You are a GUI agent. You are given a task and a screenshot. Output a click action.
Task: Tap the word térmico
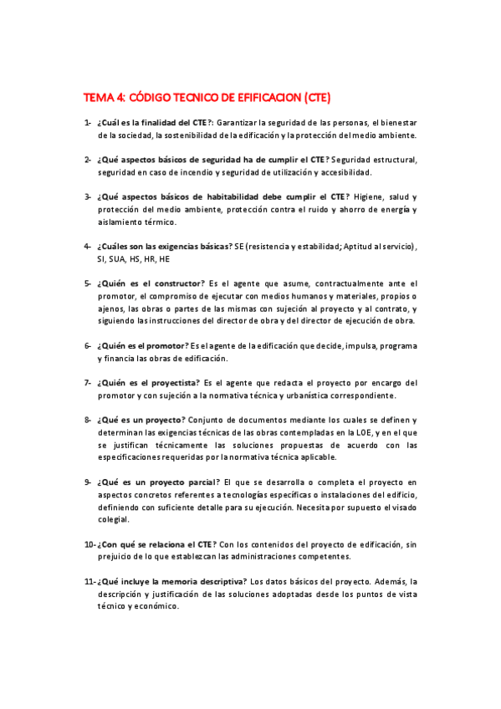coord(160,222)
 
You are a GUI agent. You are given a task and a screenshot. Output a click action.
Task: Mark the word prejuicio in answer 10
coord(118,555)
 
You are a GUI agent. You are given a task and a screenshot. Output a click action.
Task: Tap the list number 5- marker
coord(87,284)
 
